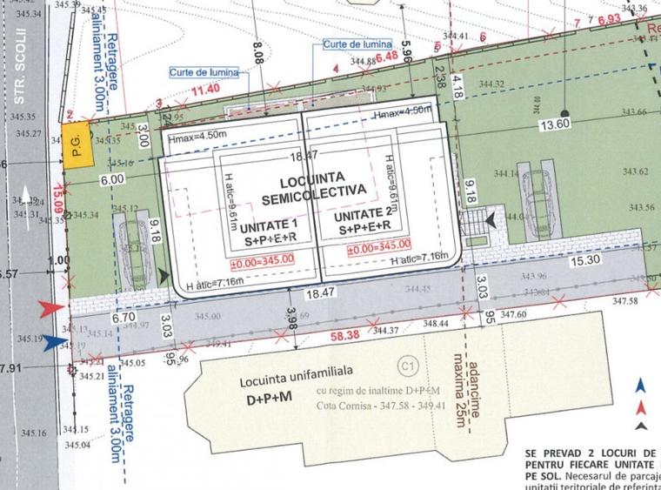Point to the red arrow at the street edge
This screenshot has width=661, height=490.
pyautogui.click(x=51, y=307)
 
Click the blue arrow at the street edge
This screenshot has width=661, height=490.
pyautogui.click(x=53, y=342)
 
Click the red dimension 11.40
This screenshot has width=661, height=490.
pyautogui.click(x=205, y=89)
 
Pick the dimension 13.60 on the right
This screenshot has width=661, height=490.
pyautogui.click(x=554, y=124)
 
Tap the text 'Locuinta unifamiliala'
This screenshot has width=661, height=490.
pyautogui.click(x=286, y=382)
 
